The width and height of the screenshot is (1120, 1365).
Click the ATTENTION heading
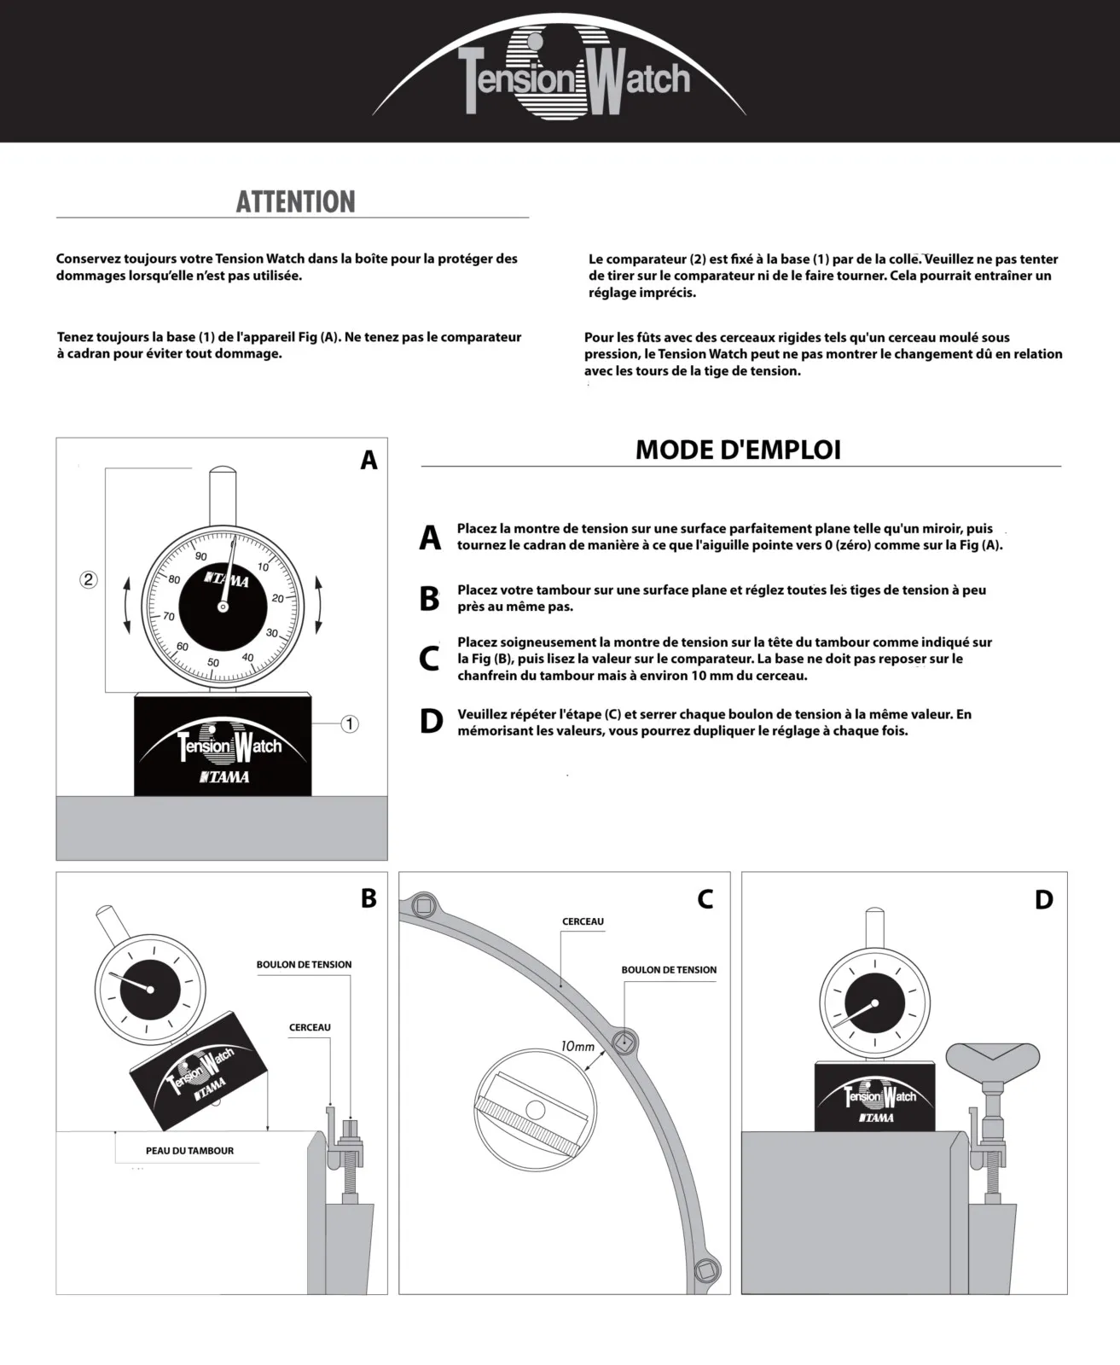295,202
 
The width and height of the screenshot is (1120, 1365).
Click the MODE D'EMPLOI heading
738,450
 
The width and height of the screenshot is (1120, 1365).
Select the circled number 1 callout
350,724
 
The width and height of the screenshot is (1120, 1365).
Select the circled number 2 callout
89,580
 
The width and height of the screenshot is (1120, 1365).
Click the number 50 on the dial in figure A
213,662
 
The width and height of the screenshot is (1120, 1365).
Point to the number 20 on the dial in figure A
277,598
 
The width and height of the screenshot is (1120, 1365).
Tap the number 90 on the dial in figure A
201,556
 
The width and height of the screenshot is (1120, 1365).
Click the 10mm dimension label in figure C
577,1046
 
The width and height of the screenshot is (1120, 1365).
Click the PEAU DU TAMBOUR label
189,1151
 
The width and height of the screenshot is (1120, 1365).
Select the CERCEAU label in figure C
583,921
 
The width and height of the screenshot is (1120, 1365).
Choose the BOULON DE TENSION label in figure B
304,965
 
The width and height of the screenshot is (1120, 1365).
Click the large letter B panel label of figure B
368,898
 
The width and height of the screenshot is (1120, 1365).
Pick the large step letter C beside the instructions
429,659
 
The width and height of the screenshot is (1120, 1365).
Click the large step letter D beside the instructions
431,722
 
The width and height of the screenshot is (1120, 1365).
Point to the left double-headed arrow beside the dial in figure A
127,606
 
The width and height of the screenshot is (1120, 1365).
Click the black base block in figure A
223,744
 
